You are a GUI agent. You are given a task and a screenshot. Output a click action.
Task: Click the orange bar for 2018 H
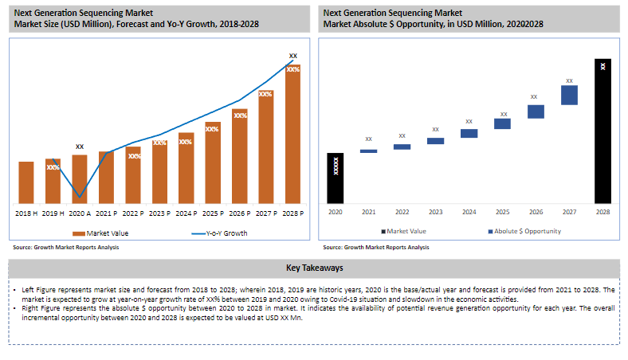tap(26, 182)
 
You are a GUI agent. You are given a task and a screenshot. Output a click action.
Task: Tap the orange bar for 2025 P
tap(212, 162)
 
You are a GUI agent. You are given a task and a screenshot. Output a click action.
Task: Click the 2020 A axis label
tap(80, 214)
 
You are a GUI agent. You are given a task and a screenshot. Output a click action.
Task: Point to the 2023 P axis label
tap(159, 214)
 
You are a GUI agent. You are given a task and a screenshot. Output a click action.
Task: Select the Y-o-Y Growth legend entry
tap(220, 233)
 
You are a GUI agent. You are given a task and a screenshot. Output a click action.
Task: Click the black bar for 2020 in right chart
tap(336, 178)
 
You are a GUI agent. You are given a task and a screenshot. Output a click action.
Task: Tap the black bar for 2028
tap(603, 131)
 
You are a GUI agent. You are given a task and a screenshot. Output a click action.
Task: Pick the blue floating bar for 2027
tap(569, 95)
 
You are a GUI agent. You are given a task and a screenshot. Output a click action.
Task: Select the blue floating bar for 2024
tap(469, 134)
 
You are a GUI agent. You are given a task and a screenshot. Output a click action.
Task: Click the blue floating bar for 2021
tap(368, 151)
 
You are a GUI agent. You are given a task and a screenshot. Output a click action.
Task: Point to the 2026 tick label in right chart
tap(536, 212)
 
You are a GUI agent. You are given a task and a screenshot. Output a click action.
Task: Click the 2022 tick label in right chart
tap(402, 212)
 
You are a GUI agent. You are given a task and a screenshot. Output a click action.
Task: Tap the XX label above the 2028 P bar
tap(293, 57)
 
